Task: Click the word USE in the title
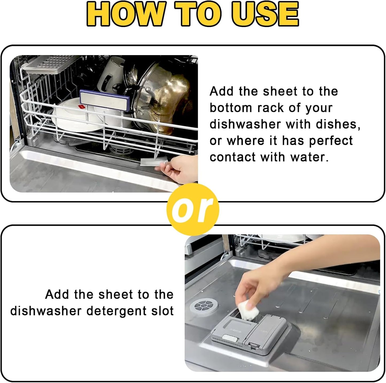click(265, 14)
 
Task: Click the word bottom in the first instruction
click(231, 108)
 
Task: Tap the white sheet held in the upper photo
click(152, 162)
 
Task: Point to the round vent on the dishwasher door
click(204, 305)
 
